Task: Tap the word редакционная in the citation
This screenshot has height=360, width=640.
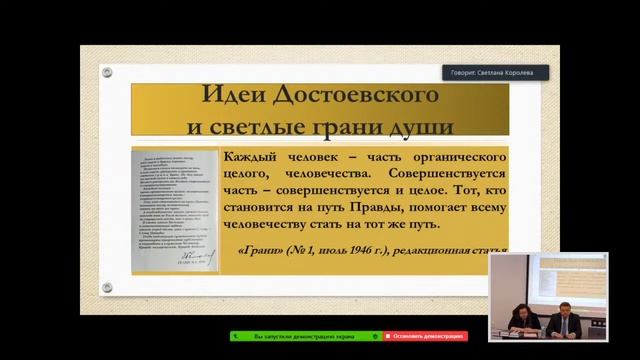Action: coord(452,251)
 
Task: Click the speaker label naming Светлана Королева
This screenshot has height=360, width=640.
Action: coord(498,72)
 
